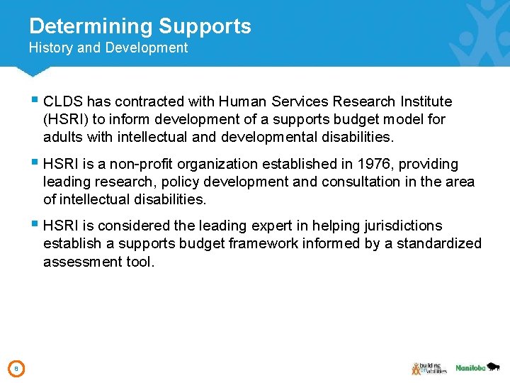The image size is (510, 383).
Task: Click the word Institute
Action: click(425, 101)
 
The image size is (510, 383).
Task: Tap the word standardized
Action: click(438, 244)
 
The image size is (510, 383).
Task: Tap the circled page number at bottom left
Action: click(17, 368)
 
